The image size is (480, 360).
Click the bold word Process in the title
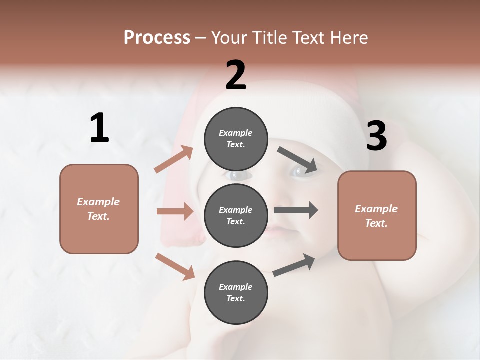click(157, 38)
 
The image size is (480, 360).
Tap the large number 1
click(99, 128)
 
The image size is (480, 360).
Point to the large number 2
click(236, 75)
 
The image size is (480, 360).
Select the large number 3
click(376, 136)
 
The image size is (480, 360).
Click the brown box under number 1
click(99, 209)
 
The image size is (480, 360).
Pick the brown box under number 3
click(377, 215)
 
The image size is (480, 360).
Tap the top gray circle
click(236, 139)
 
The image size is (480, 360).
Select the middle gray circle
click(236, 215)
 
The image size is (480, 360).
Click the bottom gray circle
click(236, 292)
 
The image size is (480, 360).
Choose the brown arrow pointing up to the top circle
click(174, 159)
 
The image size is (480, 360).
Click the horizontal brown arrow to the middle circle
click(175, 211)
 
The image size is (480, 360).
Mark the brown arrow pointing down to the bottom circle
click(175, 266)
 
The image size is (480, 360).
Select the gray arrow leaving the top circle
click(297, 159)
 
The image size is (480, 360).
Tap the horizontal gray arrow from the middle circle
click(295, 210)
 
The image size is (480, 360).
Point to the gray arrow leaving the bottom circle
click(294, 265)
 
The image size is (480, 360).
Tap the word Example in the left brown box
click(98, 202)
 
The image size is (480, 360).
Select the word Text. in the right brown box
click(376, 223)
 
